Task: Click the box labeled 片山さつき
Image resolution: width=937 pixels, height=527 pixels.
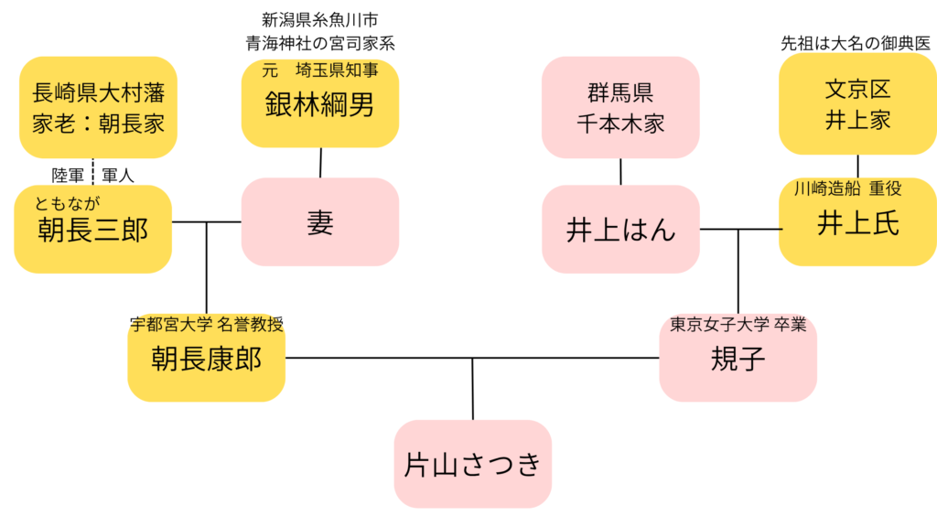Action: point(473,465)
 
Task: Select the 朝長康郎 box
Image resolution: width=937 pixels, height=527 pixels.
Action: point(206,360)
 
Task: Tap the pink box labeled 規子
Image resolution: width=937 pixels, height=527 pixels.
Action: point(738,360)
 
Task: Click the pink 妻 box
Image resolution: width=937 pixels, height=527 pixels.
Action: point(319,222)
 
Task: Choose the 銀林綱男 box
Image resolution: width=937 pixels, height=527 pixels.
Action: point(319,104)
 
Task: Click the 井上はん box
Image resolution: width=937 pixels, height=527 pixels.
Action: point(620,230)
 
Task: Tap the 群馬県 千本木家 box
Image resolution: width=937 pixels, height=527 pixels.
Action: point(620,107)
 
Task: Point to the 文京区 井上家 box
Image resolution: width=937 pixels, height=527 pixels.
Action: point(857,104)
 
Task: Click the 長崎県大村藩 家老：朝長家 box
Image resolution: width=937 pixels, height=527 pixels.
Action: point(98,108)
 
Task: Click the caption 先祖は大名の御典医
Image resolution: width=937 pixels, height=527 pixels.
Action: point(857,43)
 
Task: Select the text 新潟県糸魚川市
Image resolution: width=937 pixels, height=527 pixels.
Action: point(319,19)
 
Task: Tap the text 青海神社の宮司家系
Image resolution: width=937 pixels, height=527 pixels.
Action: point(319,42)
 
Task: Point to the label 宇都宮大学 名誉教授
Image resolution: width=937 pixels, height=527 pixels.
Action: point(206,323)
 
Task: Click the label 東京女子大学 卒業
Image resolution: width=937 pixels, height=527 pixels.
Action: point(738,324)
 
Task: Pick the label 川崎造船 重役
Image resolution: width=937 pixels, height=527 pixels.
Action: point(847,188)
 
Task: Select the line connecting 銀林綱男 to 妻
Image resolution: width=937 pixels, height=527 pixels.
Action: point(320,162)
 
